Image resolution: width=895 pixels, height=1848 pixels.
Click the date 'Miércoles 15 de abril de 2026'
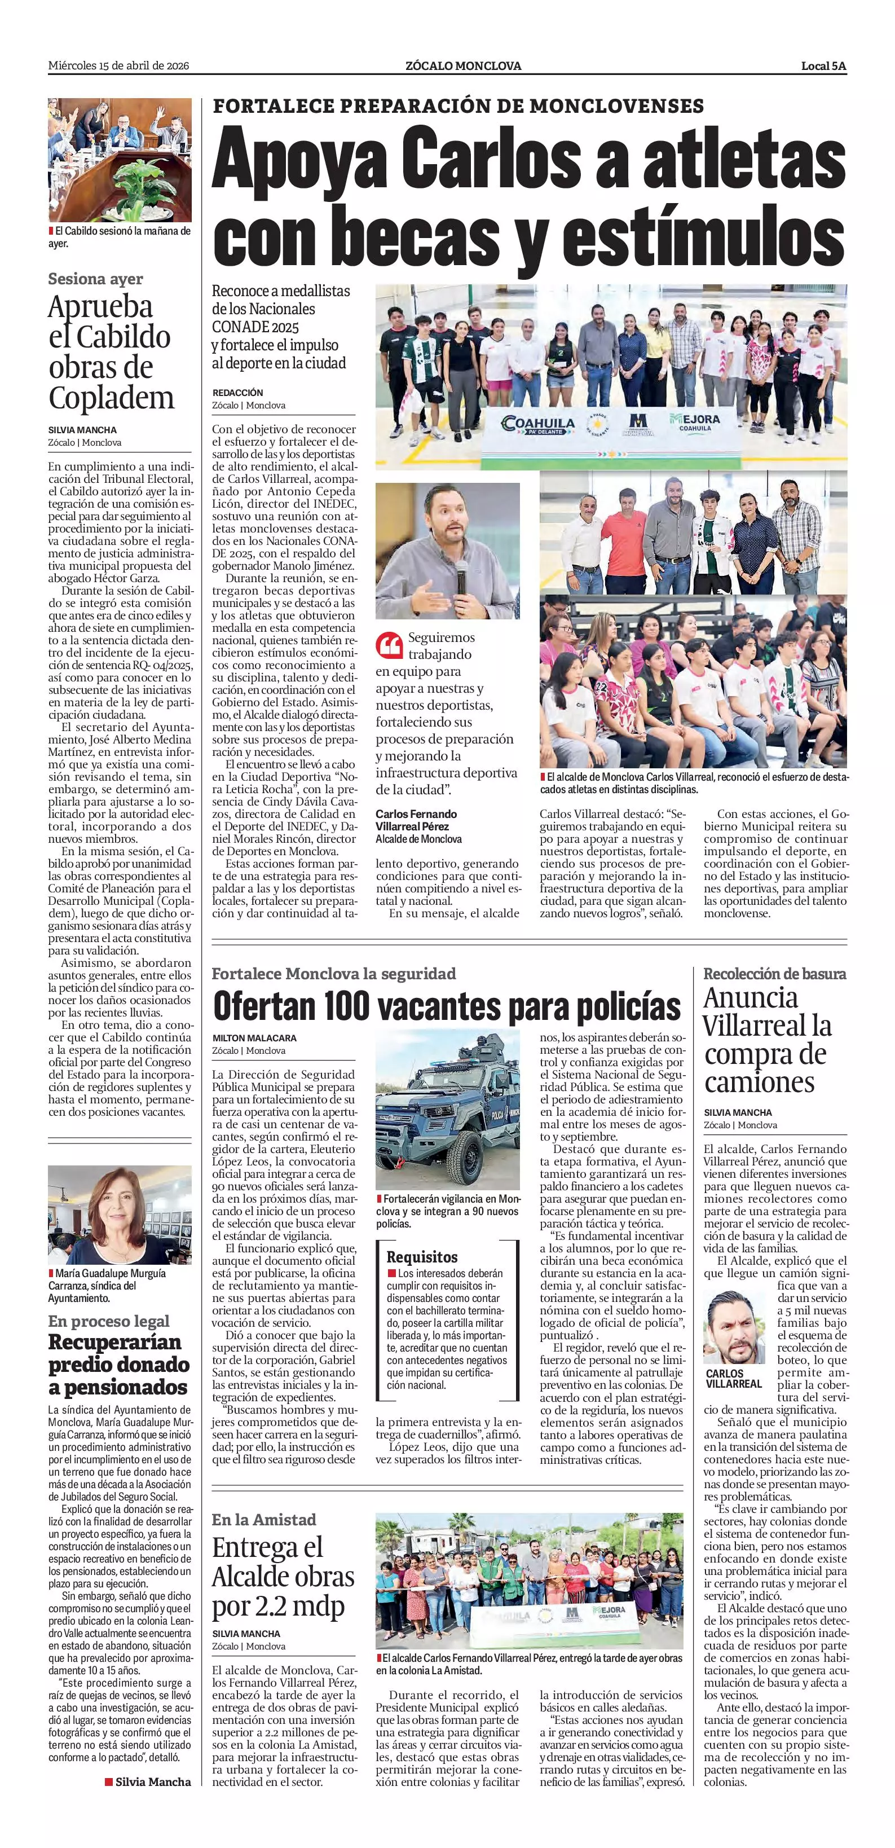point(118,66)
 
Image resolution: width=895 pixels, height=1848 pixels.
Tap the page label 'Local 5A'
point(823,66)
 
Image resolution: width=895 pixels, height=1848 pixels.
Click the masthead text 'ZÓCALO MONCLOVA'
point(462,66)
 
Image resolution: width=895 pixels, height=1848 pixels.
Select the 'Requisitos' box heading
point(422,1257)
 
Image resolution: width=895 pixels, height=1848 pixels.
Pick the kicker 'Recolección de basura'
point(774,974)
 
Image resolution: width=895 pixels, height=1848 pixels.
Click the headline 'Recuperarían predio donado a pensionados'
point(119,1364)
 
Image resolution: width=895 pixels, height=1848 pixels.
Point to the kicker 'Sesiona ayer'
point(95,279)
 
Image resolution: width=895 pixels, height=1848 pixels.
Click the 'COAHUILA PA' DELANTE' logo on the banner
point(539,425)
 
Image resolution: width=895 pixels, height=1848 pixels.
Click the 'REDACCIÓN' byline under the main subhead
point(237,393)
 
